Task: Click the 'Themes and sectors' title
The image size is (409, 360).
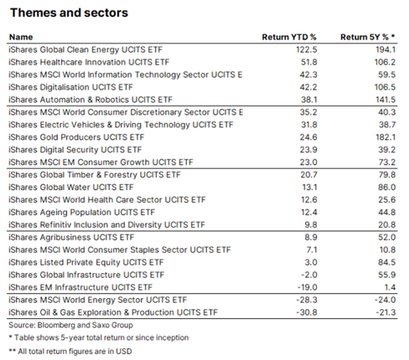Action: (x=69, y=13)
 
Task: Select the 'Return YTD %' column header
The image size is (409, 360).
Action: (x=289, y=37)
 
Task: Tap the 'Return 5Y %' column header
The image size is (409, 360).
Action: (x=367, y=37)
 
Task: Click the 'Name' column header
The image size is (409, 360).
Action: (x=21, y=37)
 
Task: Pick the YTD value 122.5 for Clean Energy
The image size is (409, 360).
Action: (x=307, y=49)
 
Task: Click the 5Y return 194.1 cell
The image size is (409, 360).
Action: (x=386, y=49)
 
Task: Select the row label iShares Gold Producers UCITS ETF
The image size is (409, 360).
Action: (x=76, y=137)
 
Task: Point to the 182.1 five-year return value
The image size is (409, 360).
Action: (x=386, y=137)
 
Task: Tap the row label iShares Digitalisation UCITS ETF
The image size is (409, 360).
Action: (x=70, y=87)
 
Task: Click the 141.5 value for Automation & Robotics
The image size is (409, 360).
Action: (x=386, y=100)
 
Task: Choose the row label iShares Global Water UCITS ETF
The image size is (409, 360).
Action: (x=71, y=188)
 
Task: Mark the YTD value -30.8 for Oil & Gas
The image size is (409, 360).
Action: (x=307, y=312)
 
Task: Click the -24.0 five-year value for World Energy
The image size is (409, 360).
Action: (x=386, y=300)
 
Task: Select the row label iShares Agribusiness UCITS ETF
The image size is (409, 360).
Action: (x=71, y=237)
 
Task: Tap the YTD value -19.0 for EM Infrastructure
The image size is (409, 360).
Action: (x=307, y=287)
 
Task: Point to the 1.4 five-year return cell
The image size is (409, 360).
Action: (x=391, y=287)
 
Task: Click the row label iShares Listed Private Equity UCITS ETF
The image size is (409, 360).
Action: (x=86, y=262)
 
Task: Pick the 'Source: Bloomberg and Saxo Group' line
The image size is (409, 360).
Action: (x=70, y=325)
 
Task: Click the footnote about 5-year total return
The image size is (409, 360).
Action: (x=99, y=337)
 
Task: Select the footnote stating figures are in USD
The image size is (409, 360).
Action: (x=70, y=351)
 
